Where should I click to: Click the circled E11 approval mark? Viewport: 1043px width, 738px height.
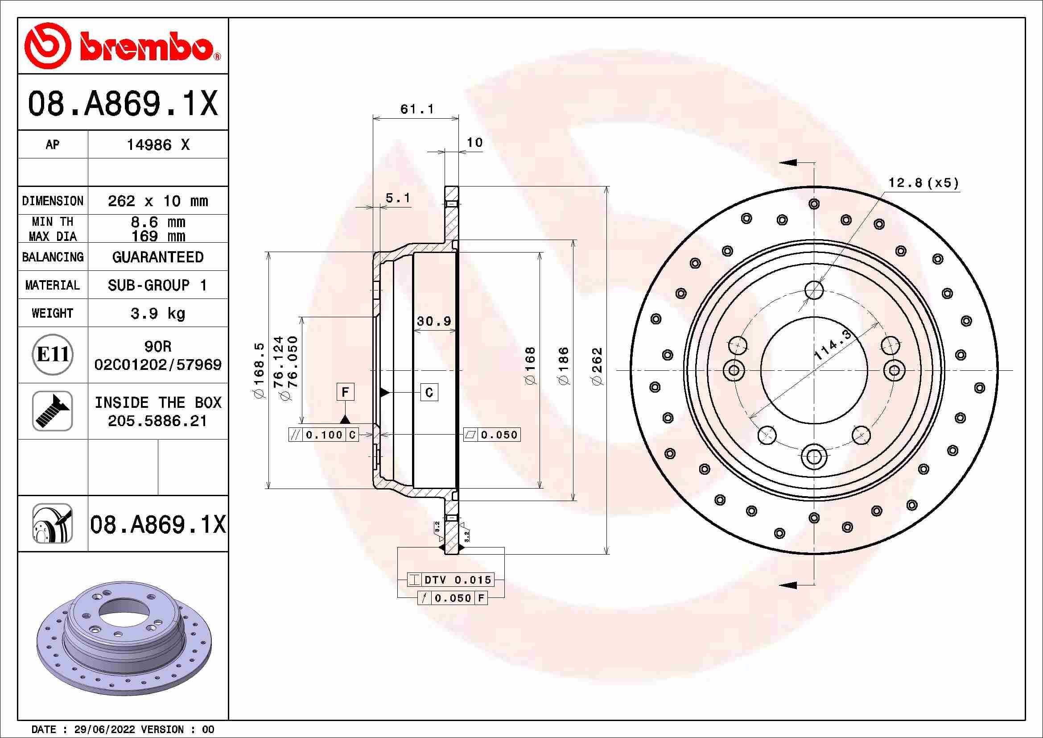click(53, 354)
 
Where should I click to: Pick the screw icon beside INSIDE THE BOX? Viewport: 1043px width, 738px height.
click(53, 411)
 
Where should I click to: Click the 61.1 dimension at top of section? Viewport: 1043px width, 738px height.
click(416, 109)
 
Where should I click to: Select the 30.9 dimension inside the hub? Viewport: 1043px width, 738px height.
click(434, 321)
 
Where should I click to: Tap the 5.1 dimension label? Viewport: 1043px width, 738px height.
click(397, 198)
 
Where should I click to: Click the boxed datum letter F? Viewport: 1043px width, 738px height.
click(345, 392)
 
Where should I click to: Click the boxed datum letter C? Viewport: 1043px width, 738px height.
click(429, 392)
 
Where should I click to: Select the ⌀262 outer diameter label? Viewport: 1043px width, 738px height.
click(597, 366)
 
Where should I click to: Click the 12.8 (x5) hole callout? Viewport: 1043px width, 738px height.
click(923, 183)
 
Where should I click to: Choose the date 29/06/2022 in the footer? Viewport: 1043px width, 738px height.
click(104, 730)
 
